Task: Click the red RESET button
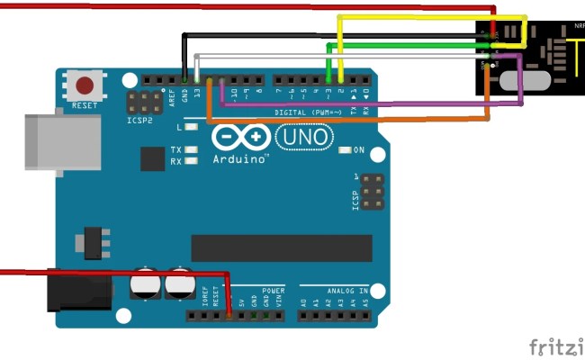85,87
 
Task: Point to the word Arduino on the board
240,158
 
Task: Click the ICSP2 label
139,119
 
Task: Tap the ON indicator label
359,149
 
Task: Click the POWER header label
274,292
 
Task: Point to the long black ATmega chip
281,247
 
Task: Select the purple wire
378,104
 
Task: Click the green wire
405,44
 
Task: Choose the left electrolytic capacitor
145,285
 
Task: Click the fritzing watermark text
556,346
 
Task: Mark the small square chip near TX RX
153,158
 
